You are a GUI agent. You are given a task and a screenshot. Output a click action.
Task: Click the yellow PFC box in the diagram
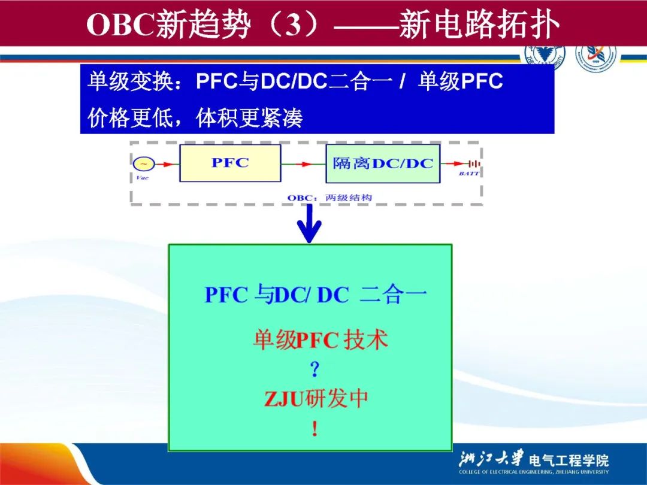230,163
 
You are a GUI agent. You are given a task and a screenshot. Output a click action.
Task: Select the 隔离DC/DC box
383,163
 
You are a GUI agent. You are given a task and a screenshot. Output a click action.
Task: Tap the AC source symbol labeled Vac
143,163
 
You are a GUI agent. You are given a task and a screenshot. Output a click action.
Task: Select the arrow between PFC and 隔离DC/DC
303,163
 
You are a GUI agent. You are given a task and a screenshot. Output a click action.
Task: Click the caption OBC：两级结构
329,197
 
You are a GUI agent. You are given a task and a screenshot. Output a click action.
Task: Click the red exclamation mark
314,429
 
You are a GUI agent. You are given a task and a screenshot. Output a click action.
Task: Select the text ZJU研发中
316,399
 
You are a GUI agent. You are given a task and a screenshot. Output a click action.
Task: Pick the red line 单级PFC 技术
320,341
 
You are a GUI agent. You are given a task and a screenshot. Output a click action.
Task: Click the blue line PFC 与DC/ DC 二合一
316,295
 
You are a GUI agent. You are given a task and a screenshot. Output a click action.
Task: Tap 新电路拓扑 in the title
480,25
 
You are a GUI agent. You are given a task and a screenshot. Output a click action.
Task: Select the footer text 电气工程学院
569,460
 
